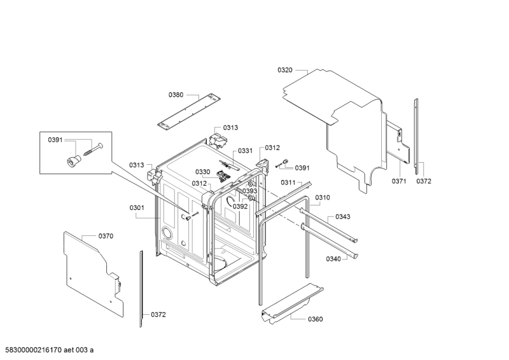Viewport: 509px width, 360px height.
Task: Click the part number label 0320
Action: [x=285, y=70]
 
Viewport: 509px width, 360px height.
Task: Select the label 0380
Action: [x=176, y=95]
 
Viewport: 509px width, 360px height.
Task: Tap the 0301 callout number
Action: [x=137, y=207]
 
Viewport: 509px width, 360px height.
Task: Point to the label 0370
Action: [x=106, y=236]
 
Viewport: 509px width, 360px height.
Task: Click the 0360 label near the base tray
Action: [x=315, y=319]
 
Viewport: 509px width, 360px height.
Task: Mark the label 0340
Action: [x=333, y=259]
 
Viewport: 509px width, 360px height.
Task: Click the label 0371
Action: [x=399, y=181]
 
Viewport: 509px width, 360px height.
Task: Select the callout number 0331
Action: [x=246, y=151]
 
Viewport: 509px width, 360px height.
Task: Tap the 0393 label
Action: [x=250, y=191]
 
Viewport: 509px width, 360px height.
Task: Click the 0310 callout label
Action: [x=323, y=197]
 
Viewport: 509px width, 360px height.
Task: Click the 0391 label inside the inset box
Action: [x=55, y=139]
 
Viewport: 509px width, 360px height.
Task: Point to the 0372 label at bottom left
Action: [x=158, y=314]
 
